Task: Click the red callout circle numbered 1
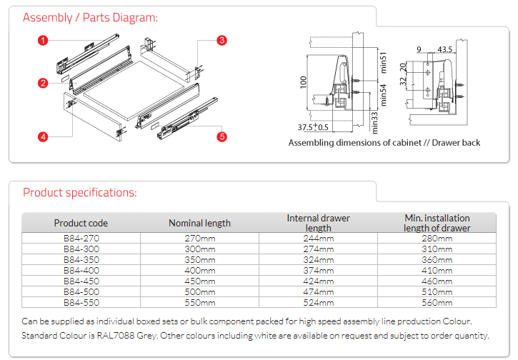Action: point(44,41)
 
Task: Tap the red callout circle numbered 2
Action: point(44,84)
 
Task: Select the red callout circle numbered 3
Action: point(221,41)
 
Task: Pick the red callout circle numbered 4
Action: point(44,136)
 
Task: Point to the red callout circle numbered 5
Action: point(221,136)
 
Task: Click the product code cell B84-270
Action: point(81,238)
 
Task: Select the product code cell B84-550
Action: point(81,302)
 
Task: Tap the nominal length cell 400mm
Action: point(200,270)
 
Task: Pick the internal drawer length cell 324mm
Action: point(318,259)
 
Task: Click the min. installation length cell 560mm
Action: point(437,302)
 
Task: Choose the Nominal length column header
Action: point(200,223)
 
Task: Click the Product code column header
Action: point(81,223)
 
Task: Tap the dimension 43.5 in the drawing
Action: point(445,50)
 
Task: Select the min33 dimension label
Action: point(374,121)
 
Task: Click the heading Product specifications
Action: point(80,192)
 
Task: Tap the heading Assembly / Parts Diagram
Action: point(91,17)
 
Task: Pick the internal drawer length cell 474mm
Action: point(318,291)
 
